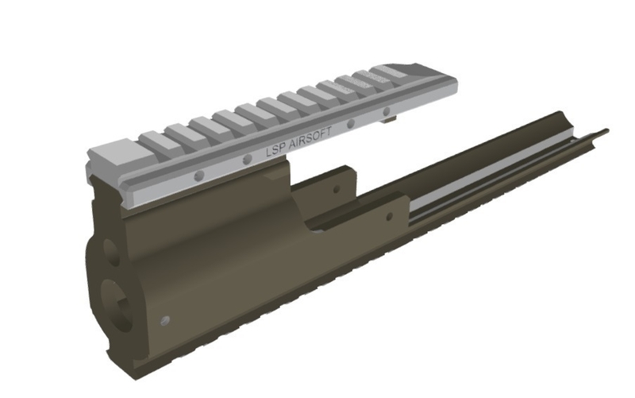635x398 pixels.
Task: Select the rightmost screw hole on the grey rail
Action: (387, 111)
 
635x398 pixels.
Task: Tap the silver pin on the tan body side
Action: (165, 319)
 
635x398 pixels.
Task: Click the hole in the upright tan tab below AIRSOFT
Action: (337, 190)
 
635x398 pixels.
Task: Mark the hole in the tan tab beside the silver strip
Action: (388, 215)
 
